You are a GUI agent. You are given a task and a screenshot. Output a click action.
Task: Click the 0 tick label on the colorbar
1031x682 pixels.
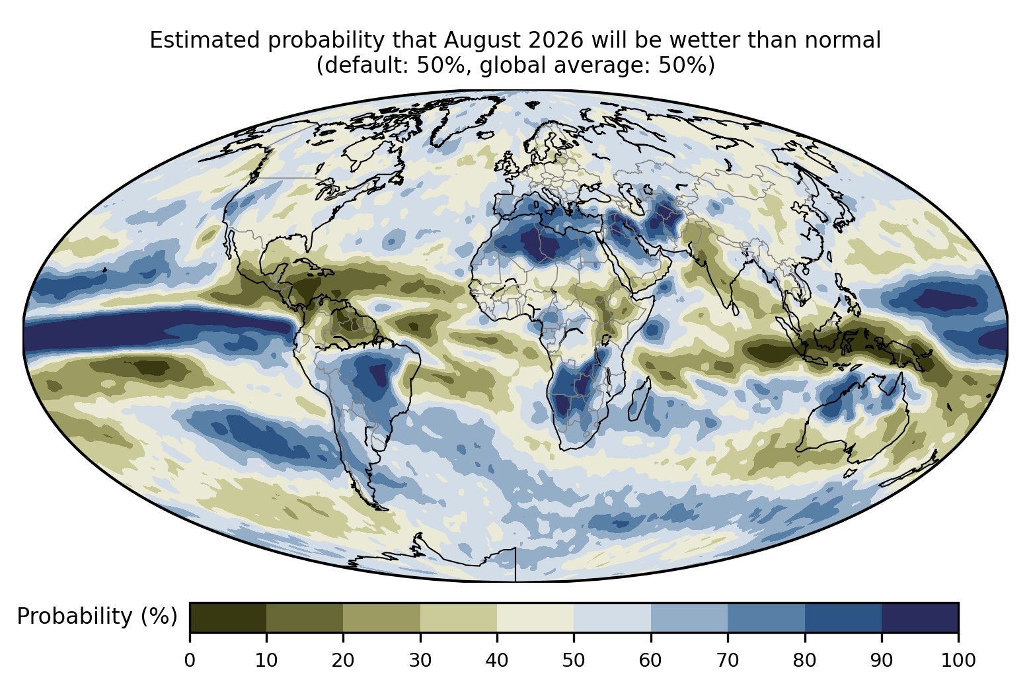pos(190,661)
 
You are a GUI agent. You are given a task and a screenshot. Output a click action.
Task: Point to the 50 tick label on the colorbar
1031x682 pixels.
pos(574,661)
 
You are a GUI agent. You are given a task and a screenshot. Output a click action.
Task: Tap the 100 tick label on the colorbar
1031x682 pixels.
pos(958,661)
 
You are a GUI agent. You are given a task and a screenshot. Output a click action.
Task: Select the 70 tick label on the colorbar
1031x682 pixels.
pos(727,661)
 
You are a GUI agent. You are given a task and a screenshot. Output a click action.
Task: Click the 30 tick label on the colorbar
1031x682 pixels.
pos(420,661)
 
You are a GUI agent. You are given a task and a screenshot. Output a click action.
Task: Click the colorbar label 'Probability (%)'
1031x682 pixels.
pos(97,617)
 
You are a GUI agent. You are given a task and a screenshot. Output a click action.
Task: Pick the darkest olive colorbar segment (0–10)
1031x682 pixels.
pos(228,617)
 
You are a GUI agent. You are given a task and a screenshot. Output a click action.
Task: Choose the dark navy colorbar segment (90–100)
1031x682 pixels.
pos(920,617)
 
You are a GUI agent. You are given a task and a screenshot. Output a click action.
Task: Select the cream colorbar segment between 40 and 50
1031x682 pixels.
pos(535,617)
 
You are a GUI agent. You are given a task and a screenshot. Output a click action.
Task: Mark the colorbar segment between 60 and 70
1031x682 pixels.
pos(689,617)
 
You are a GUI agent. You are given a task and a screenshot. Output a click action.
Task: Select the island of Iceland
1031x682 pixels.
pos(485,135)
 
